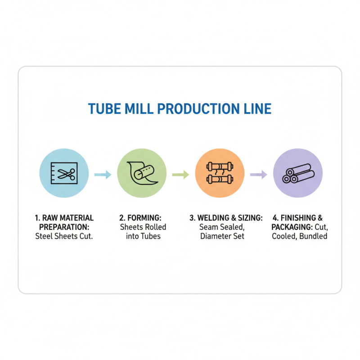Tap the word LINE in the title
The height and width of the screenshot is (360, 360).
click(x=256, y=109)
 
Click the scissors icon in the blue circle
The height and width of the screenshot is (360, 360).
click(x=63, y=174)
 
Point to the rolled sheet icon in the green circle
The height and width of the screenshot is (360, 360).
click(x=142, y=174)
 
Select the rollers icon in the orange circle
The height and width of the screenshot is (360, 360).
click(x=219, y=174)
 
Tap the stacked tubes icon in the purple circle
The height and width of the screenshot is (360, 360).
click(x=297, y=174)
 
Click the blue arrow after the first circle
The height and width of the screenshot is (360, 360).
click(x=103, y=175)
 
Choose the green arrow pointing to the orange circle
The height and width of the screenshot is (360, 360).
click(x=180, y=175)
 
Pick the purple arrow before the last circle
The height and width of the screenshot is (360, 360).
click(x=258, y=175)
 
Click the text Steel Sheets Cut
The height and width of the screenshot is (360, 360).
click(x=64, y=236)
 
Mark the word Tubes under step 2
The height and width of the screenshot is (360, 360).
click(x=149, y=236)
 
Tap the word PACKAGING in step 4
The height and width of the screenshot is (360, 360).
click(x=291, y=227)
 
